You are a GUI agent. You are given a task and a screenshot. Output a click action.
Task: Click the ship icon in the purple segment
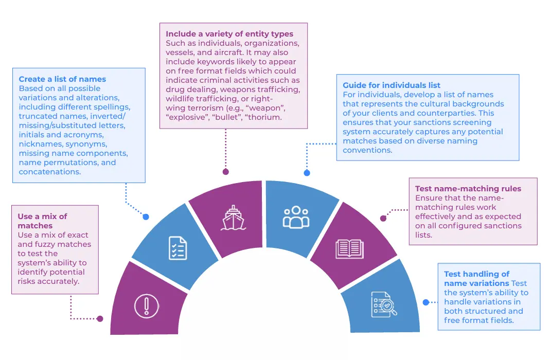(x=233, y=218)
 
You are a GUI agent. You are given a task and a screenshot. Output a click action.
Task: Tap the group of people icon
(x=296, y=217)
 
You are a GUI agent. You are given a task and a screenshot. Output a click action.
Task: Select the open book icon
(x=349, y=248)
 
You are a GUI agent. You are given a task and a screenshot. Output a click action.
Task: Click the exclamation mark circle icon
(x=147, y=306)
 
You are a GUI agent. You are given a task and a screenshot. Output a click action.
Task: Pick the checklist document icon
(x=178, y=248)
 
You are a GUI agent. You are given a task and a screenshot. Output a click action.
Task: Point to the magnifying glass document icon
(x=384, y=304)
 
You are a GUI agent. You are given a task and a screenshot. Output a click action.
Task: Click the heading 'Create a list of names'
(x=62, y=79)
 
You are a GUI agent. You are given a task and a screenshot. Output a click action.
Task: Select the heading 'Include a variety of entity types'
(x=229, y=34)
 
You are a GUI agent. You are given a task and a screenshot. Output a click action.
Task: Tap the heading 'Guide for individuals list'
(x=392, y=85)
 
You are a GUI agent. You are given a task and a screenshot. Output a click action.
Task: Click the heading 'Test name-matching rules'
(x=468, y=189)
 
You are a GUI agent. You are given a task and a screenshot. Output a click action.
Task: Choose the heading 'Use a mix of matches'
(x=42, y=221)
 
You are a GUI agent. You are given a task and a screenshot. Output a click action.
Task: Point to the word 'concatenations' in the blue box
(x=49, y=172)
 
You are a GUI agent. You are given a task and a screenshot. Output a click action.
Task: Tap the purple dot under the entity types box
(x=225, y=172)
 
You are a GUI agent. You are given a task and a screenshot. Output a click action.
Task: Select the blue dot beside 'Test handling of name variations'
(x=426, y=302)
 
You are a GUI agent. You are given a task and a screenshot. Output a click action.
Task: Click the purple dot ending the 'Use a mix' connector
(x=100, y=319)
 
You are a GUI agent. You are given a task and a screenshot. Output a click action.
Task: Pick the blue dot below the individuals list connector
(x=307, y=173)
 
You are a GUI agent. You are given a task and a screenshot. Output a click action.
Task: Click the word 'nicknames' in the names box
(x=40, y=144)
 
